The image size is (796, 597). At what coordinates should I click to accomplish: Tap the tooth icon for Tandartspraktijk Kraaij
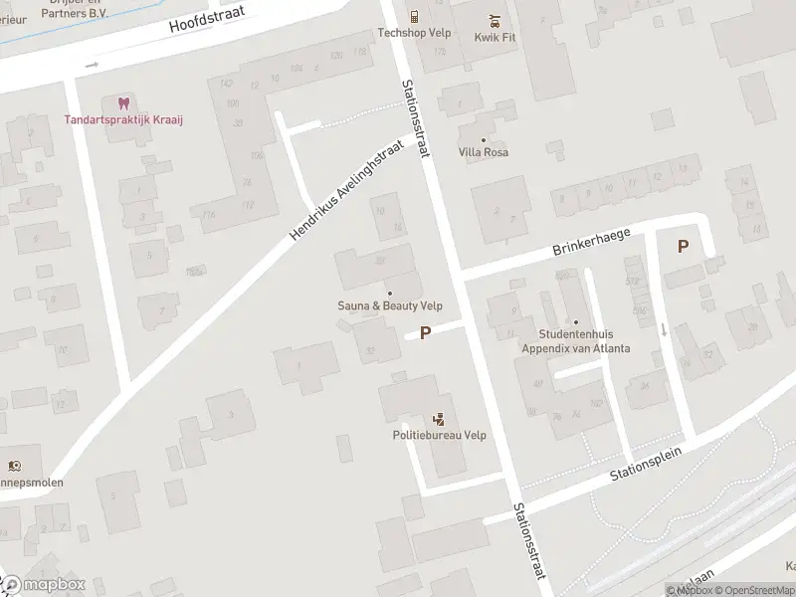[124, 102]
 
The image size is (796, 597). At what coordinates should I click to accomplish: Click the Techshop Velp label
[415, 33]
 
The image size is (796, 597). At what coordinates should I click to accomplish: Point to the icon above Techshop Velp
[415, 17]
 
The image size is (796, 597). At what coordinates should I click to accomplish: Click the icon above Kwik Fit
[494, 18]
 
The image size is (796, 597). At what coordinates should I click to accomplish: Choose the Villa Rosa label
[484, 152]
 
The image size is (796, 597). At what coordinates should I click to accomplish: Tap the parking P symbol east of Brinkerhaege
[683, 247]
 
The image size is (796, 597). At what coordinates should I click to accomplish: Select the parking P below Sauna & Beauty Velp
[426, 333]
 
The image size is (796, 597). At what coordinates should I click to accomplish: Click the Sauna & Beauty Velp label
[390, 306]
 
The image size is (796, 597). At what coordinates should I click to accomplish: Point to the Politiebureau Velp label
[439, 436]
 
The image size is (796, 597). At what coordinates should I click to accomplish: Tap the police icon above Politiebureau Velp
[438, 420]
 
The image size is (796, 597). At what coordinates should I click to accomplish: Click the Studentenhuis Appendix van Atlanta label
[583, 341]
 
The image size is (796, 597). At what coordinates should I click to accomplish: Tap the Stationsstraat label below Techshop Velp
[415, 118]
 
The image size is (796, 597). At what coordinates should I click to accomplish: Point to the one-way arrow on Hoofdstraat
[93, 65]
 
